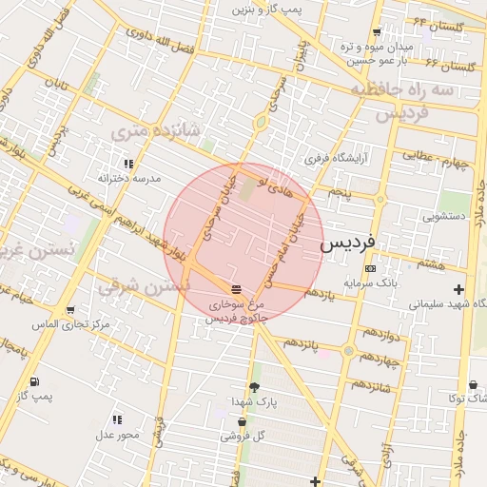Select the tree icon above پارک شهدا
(253, 387)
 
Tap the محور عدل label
(116, 435)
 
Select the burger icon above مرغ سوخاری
(236, 289)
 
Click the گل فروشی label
(241, 437)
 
